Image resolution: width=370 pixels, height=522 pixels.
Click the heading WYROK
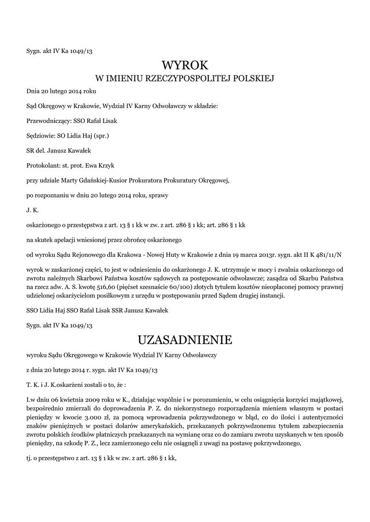(185, 66)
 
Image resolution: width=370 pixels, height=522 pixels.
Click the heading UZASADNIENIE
(185, 340)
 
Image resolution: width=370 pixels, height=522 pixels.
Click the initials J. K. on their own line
(33, 210)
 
